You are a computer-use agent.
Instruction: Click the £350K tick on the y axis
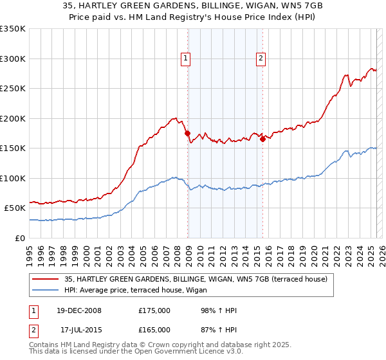pyautogui.click(x=13, y=29)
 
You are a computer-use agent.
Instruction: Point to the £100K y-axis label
pyautogui.click(x=13, y=178)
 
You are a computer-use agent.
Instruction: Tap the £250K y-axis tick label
pyautogui.click(x=13, y=89)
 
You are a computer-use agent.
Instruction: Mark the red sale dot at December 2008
pyautogui.click(x=188, y=134)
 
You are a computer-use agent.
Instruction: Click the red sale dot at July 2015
pyautogui.click(x=262, y=139)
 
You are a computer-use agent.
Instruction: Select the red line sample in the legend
pyautogui.click(x=46, y=279)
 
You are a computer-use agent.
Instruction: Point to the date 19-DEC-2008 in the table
pyautogui.click(x=79, y=310)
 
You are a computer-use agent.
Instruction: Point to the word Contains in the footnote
pyautogui.click(x=46, y=345)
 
